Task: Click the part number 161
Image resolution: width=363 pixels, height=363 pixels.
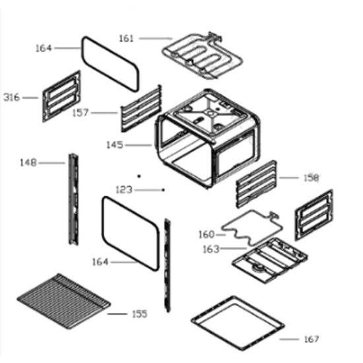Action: (127, 38)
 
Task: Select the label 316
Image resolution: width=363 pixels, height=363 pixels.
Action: (12, 98)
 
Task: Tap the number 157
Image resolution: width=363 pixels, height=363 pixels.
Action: (81, 113)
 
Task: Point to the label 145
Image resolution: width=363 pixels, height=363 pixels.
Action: (115, 145)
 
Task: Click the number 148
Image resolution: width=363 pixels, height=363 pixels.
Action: (28, 163)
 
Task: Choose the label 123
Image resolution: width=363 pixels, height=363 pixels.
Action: (124, 190)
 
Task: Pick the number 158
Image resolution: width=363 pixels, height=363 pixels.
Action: (312, 178)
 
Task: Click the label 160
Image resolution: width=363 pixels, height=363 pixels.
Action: (207, 234)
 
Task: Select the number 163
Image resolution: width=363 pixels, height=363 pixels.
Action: (211, 249)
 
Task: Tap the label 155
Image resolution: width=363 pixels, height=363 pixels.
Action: (140, 314)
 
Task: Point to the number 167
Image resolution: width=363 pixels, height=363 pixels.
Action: (312, 339)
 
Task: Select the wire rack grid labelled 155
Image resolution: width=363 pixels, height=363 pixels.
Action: (63, 301)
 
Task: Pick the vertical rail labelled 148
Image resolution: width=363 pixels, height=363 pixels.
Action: (73, 199)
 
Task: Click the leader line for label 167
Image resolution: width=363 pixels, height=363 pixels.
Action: (289, 339)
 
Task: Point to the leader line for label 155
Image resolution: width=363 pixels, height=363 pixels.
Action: (117, 314)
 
